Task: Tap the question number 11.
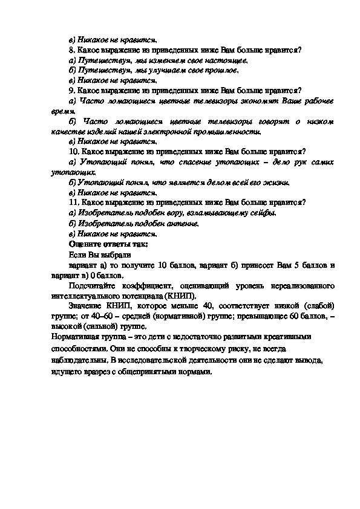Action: [74, 202]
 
